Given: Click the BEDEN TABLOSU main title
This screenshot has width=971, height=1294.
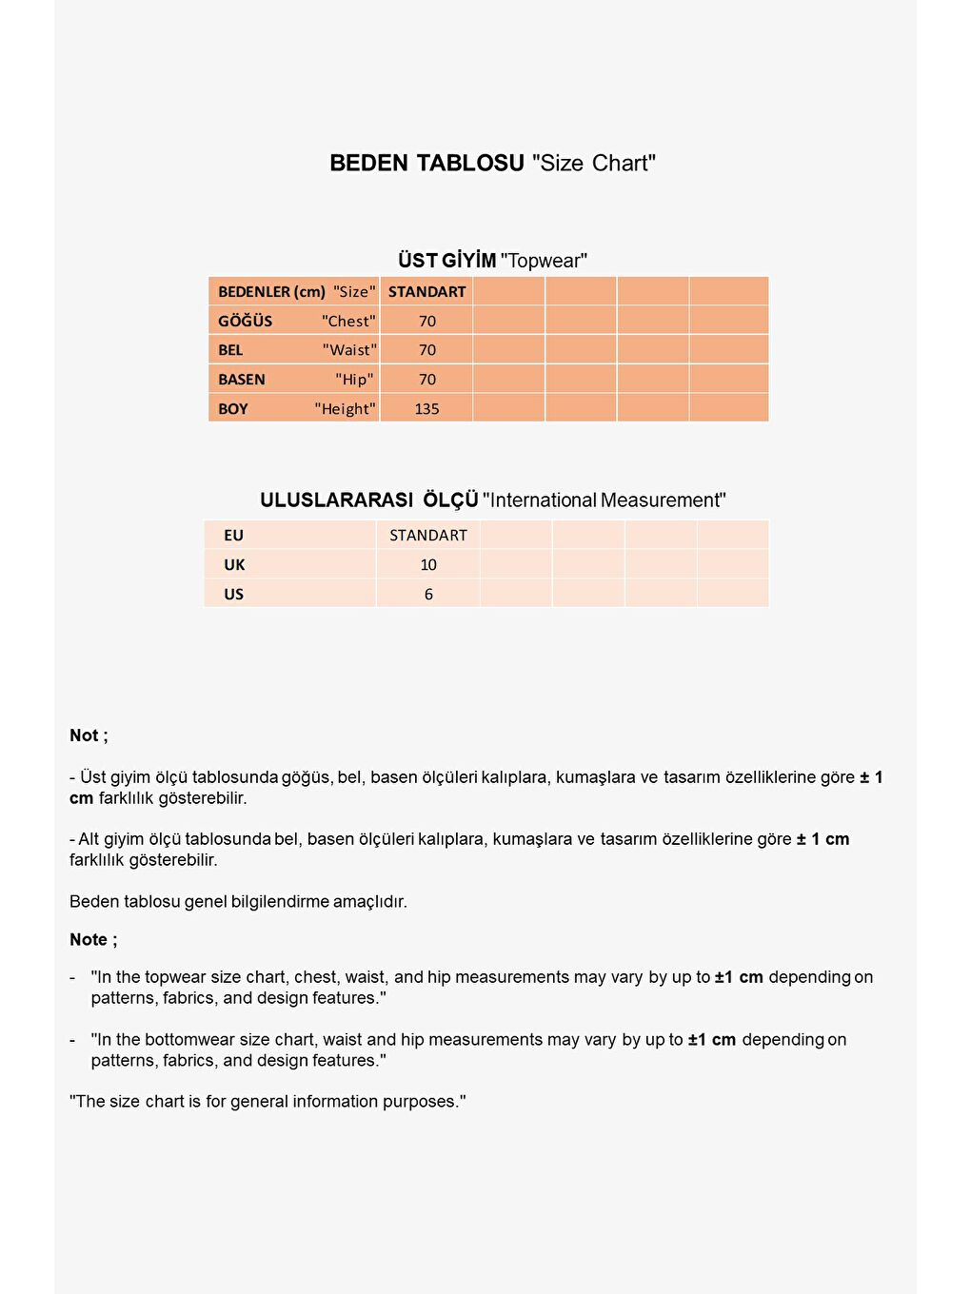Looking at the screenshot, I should pos(492,163).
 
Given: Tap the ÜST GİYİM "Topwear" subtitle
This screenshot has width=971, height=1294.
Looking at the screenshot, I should pos(492,260).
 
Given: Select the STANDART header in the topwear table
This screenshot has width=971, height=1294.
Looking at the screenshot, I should pos(426,291).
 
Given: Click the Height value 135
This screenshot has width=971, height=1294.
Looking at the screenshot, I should pos(426,409).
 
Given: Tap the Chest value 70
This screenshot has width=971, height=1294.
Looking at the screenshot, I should pos(426,321).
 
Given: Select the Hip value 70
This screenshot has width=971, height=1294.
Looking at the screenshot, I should pos(426,380).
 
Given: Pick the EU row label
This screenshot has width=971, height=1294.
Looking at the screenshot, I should pos(233,536).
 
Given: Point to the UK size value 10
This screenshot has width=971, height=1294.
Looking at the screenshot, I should pos(428,565).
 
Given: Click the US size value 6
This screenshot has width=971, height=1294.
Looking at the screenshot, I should pos(428,595).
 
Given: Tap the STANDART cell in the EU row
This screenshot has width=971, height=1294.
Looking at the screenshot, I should pos(428,536).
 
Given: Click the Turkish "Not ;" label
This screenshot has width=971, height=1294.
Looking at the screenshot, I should pos(89,735).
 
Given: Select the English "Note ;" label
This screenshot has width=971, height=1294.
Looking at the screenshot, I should pos(93,939).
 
